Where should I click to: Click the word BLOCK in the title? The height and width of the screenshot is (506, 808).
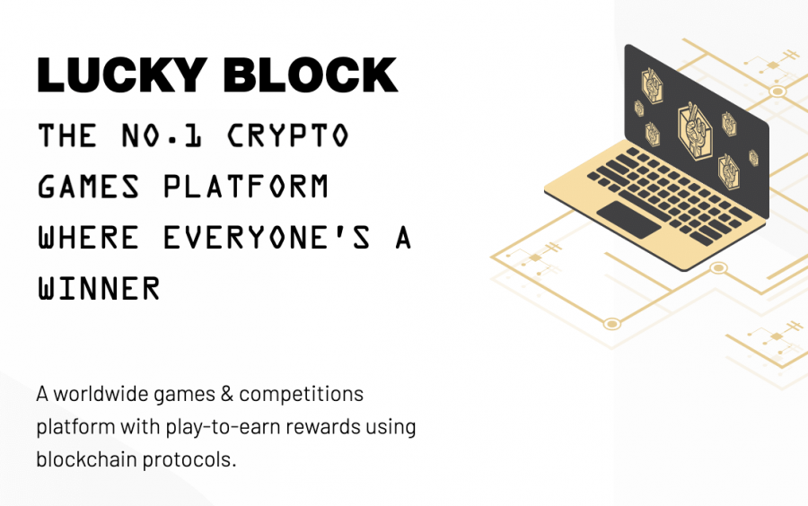pos(311,74)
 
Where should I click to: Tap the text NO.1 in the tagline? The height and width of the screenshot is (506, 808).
pos(162,135)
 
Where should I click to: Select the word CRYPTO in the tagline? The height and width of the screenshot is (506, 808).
pos(288,135)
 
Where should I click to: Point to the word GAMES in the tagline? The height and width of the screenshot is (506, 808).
pos(89,187)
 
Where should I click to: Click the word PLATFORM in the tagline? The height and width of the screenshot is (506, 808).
pos(246,187)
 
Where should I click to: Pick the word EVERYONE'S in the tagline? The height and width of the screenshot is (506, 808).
pos(267,238)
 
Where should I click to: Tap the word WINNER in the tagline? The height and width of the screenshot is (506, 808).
pos(99,288)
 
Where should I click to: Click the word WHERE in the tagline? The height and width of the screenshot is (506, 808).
pos(89,238)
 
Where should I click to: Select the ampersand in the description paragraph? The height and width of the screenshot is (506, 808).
pos(227,394)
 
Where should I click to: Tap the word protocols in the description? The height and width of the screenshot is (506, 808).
pos(189,459)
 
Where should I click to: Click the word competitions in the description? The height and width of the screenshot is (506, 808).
pos(302,395)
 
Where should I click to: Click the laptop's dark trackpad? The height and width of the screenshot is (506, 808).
pos(628,220)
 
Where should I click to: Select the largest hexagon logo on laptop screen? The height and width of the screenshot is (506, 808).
pos(695,131)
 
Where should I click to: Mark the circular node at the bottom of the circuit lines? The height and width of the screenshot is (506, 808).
pos(611,324)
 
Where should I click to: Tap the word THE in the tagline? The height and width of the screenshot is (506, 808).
pos(67,135)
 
